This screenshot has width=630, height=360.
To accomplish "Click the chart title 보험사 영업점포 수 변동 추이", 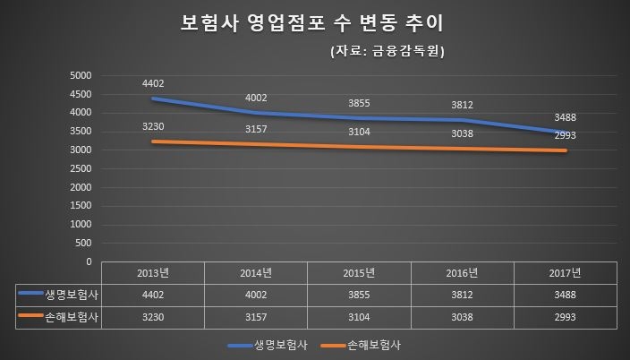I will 314,21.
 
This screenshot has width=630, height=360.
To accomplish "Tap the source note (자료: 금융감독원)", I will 387,51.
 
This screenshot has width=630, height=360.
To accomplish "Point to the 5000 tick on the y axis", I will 81,75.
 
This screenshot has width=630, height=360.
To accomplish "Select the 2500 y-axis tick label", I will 81,168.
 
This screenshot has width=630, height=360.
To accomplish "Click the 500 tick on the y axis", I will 83,243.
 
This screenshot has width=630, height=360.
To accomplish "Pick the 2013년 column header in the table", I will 153,272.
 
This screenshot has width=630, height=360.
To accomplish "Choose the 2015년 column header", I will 358,272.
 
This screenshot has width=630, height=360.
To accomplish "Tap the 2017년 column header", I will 563,272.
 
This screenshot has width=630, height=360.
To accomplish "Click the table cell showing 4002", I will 256,294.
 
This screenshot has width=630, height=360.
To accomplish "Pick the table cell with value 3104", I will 358,316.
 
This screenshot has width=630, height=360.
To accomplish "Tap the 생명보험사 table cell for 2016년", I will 461,294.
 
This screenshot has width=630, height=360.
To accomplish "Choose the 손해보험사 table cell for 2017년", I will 563,316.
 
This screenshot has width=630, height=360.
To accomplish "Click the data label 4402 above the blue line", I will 154,83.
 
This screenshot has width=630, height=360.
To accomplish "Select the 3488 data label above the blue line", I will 564,117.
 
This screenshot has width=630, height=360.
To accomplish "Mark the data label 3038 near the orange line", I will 461,136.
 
